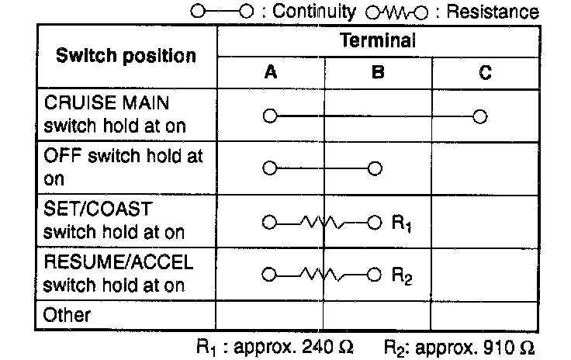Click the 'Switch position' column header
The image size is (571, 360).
point(126,56)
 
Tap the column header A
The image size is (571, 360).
point(270,73)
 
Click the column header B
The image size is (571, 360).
point(378,73)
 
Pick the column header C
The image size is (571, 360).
point(484,73)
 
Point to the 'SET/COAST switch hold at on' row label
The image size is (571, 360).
point(114,220)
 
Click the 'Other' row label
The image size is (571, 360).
point(67,315)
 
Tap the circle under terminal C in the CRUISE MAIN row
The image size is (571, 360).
point(480,116)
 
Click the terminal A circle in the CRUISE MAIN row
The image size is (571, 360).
point(269,116)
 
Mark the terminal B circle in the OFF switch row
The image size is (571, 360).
point(375,168)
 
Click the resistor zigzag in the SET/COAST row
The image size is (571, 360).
point(324,223)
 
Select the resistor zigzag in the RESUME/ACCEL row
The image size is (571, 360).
point(324,275)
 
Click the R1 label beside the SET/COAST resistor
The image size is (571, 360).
point(401,224)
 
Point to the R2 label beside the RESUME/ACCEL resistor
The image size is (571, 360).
point(402,276)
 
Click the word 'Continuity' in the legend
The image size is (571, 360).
point(321,12)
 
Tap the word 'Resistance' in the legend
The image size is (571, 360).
point(497,12)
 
